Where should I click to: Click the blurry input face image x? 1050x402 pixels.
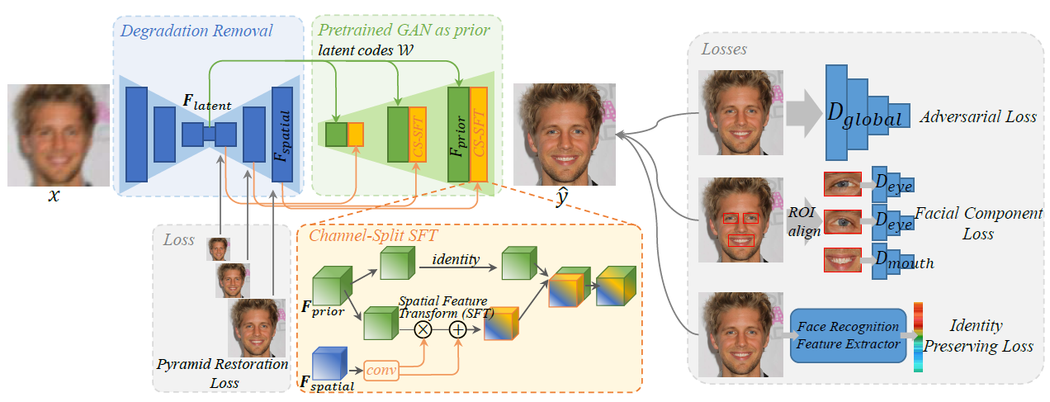[59, 135]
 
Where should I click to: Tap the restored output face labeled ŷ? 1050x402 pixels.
[565, 135]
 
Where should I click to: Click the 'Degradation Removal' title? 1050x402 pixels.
[196, 31]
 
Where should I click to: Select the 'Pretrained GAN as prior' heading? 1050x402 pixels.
[404, 30]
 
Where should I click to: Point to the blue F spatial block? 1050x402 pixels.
[282, 135]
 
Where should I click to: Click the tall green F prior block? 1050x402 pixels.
[458, 135]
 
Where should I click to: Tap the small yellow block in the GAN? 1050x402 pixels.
[355, 134]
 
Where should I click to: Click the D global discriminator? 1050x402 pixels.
[868, 112]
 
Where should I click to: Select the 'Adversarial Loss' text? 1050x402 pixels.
[978, 116]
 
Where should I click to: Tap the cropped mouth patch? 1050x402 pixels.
[842, 260]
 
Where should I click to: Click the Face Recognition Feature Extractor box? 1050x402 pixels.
[848, 335]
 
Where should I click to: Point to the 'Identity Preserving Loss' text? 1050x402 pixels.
[978, 335]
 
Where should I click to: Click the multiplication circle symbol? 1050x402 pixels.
[423, 330]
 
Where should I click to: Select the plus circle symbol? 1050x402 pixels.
[458, 330]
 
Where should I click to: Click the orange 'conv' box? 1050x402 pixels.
[381, 370]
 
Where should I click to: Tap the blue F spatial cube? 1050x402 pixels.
[329, 363]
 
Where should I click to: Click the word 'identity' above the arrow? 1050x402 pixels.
[456, 259]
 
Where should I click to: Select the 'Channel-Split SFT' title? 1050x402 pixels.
[373, 235]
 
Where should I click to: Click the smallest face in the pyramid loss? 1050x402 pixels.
[218, 249]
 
